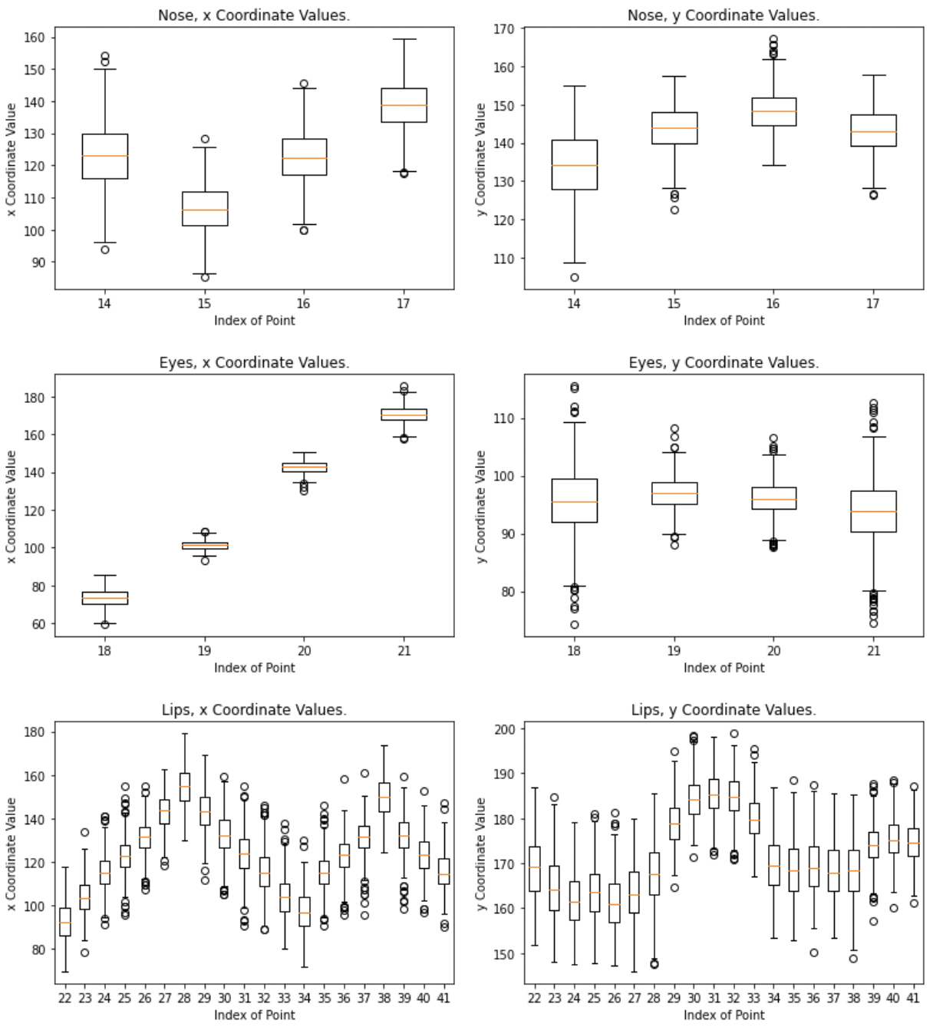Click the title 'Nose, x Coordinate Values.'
pyautogui.click(x=254, y=15)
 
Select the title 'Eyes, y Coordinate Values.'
pyautogui.click(x=724, y=362)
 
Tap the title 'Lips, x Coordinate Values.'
pyautogui.click(x=254, y=710)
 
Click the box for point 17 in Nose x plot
pyautogui.click(x=404, y=105)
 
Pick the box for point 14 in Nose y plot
pyautogui.click(x=574, y=164)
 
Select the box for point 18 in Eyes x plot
pyautogui.click(x=105, y=598)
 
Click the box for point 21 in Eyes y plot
pyautogui.click(x=873, y=511)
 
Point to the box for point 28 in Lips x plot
pyautogui.click(x=184, y=787)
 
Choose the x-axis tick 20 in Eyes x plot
pyautogui.click(x=305, y=651)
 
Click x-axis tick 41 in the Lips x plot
pyautogui.click(x=443, y=998)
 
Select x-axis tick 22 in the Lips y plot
pyautogui.click(x=534, y=998)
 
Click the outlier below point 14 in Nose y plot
pyautogui.click(x=574, y=278)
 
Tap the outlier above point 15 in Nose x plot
pyautogui.click(x=205, y=139)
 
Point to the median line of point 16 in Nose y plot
pyautogui.click(x=773, y=111)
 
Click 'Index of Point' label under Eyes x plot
pyautogui.click(x=254, y=668)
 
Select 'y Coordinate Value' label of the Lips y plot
pyautogui.click(x=481, y=854)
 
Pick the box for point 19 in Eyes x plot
pyautogui.click(x=205, y=546)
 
